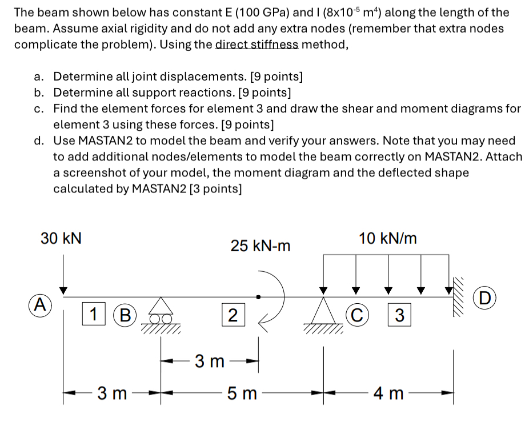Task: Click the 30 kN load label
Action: pos(61,238)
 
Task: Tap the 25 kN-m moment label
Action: pos(261,246)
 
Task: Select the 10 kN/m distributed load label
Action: pos(388,238)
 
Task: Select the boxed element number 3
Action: pos(400,315)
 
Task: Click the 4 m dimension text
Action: pos(389,393)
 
